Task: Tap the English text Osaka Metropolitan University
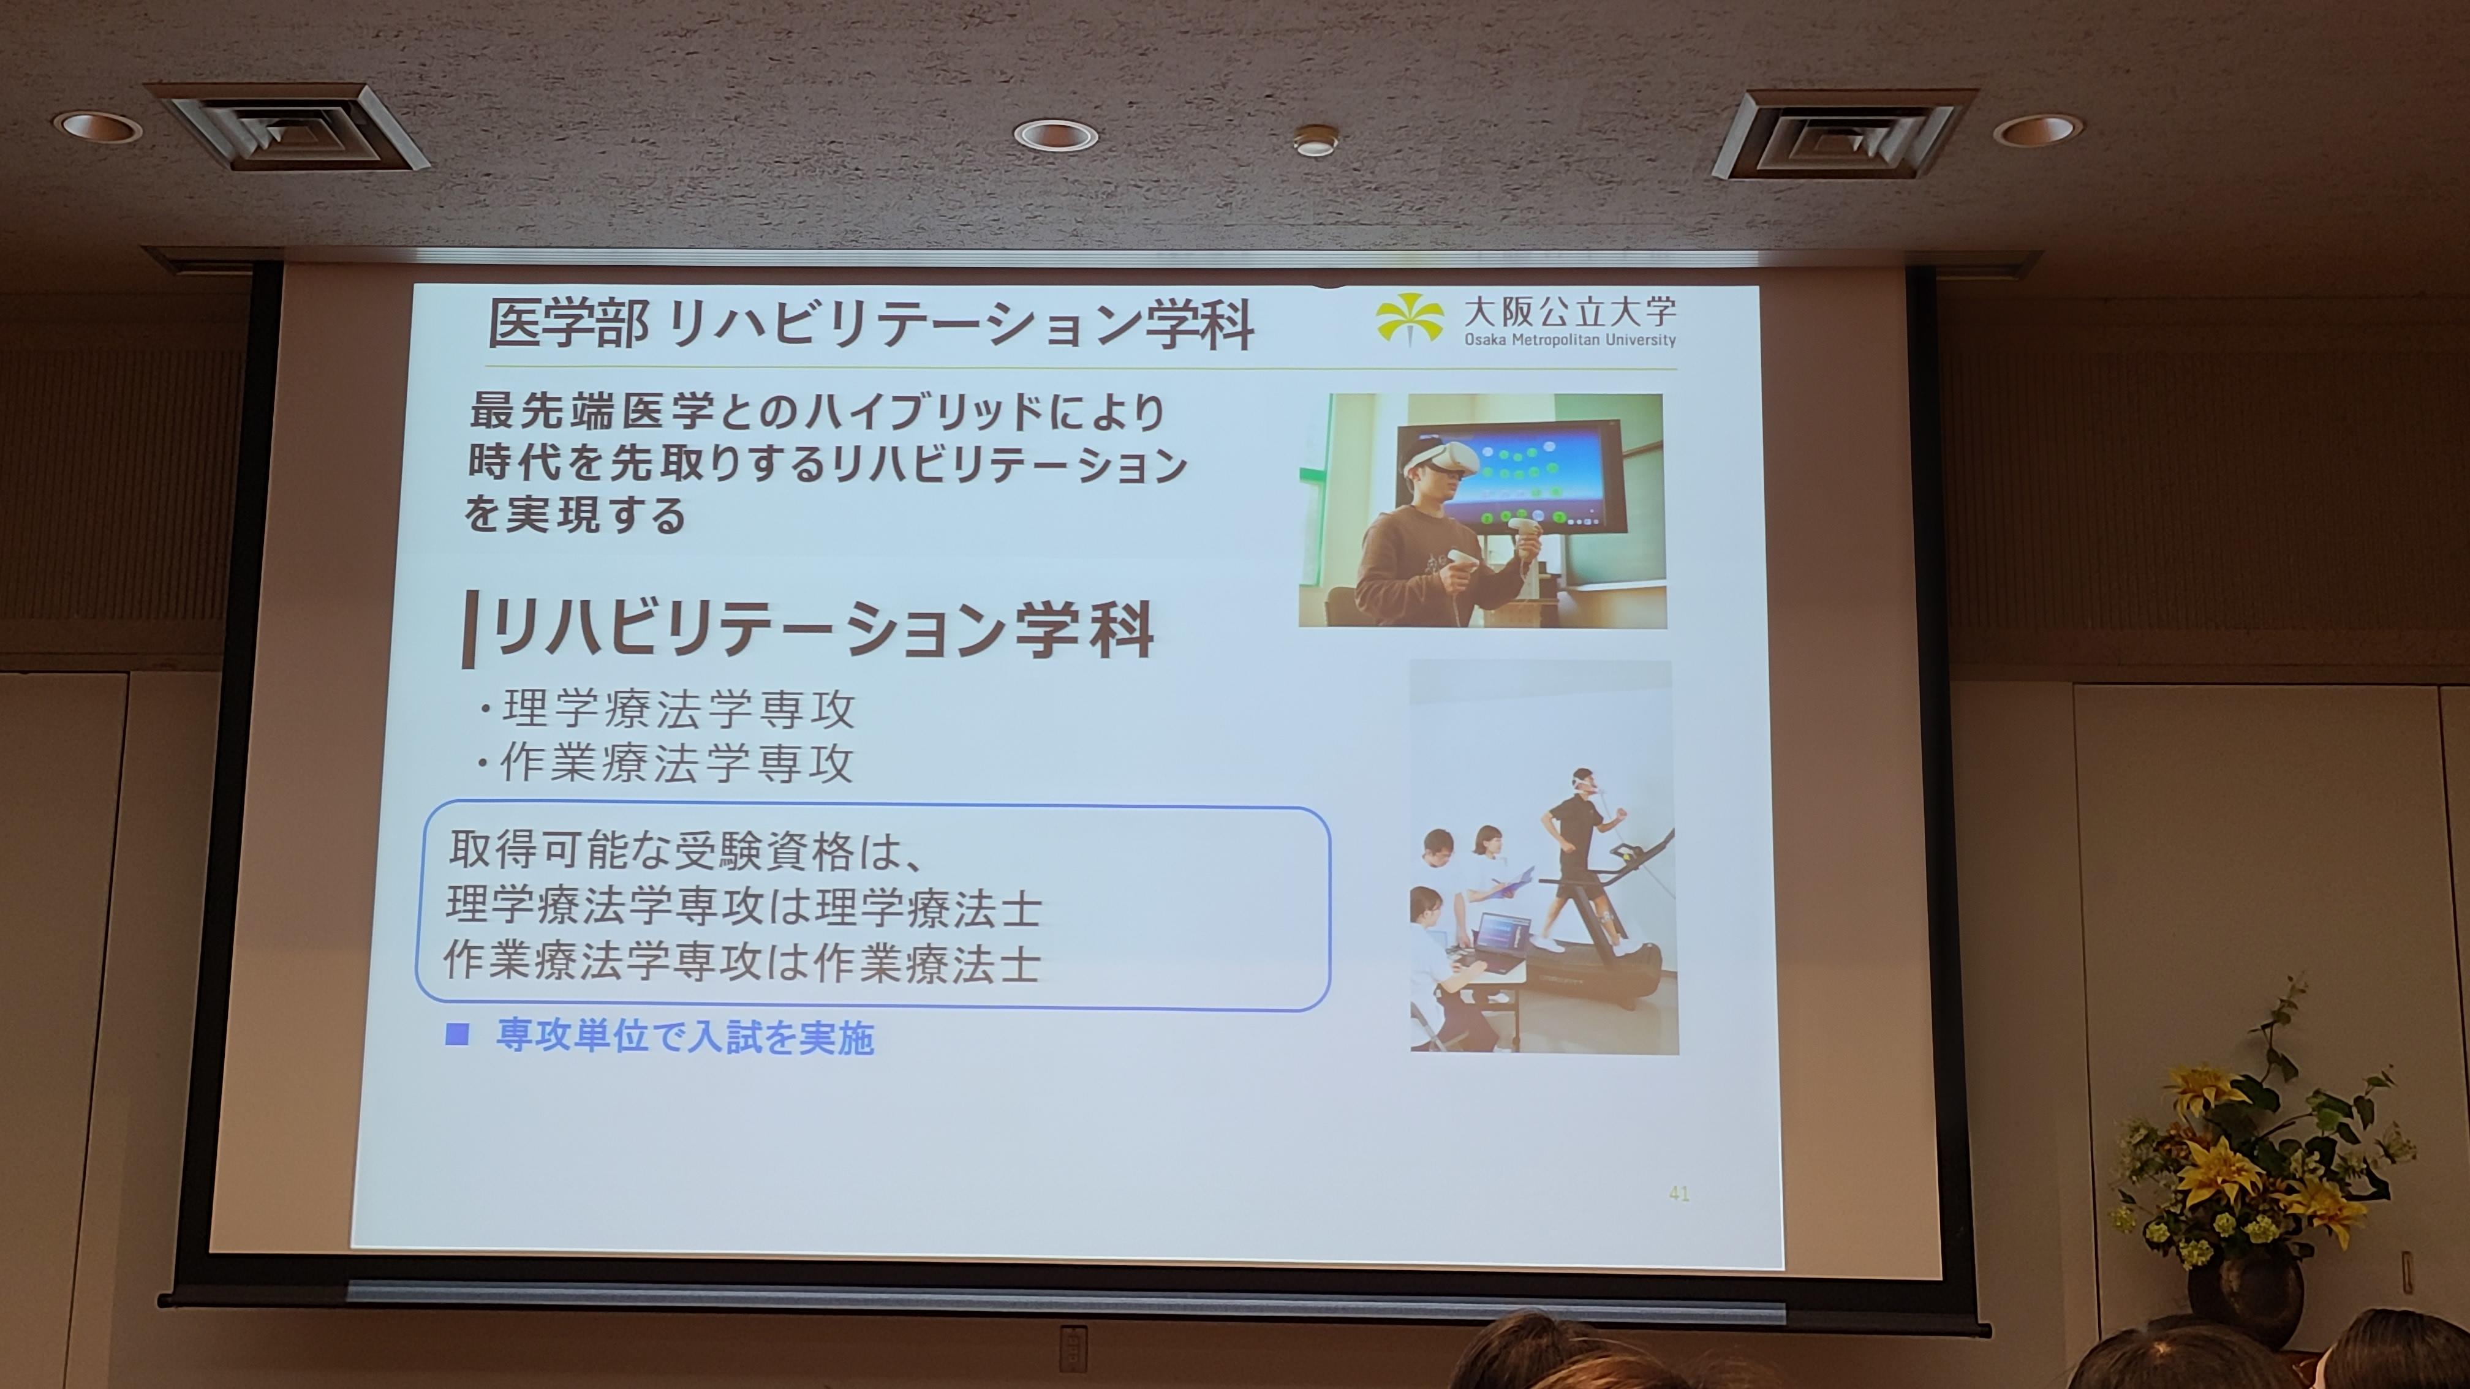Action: click(x=1569, y=339)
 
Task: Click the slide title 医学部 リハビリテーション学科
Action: click(x=871, y=325)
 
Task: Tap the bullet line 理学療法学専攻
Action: click(x=667, y=709)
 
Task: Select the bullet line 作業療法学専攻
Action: click(x=665, y=764)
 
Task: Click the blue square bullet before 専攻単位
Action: click(x=458, y=1034)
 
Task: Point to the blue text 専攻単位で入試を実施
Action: click(x=685, y=1037)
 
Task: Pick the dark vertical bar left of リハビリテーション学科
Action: click(x=469, y=629)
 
